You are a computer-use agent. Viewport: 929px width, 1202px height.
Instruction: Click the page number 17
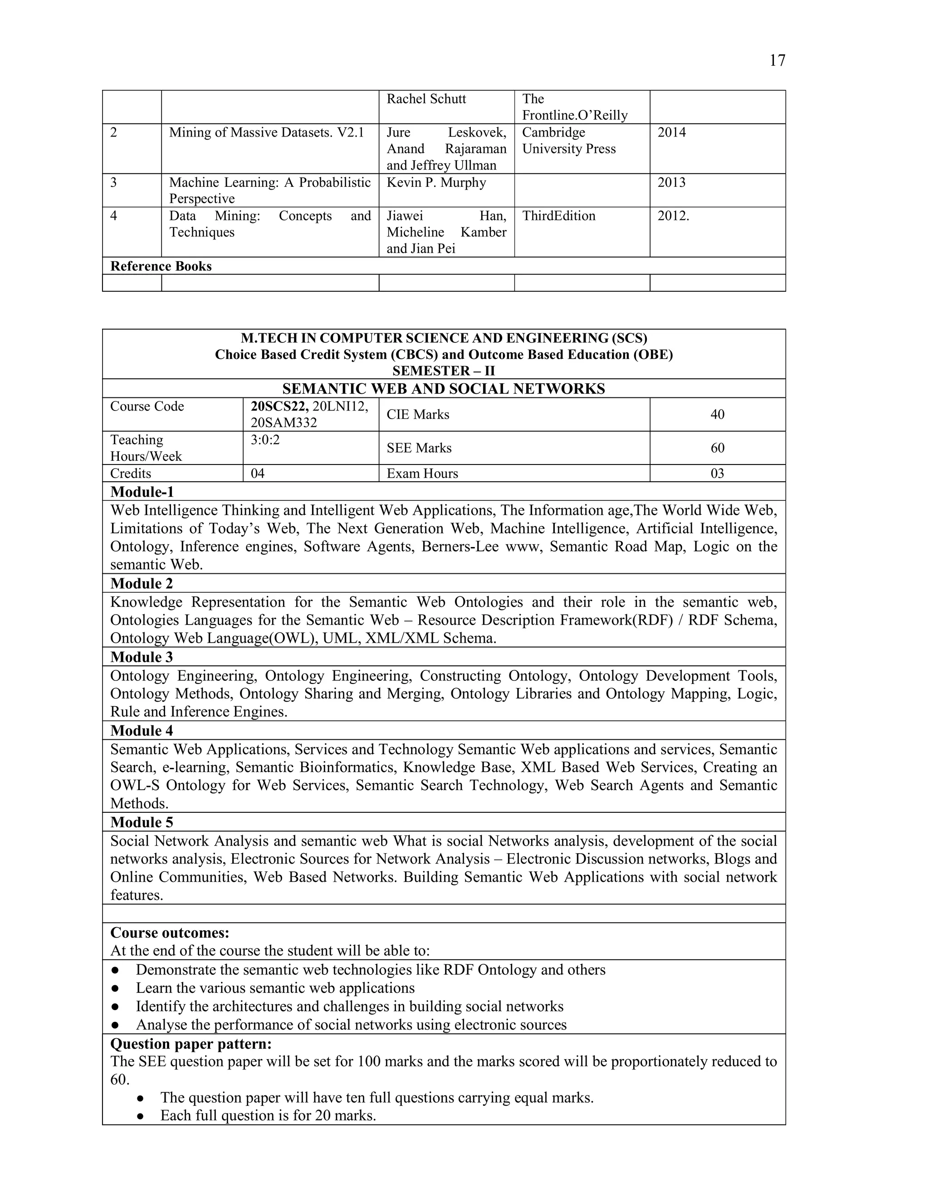click(x=777, y=60)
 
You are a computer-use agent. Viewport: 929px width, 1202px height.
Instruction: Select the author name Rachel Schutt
click(x=426, y=99)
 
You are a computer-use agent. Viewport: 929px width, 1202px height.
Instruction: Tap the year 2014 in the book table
click(x=671, y=132)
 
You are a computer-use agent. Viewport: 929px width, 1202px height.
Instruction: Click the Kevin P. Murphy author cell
click(x=436, y=183)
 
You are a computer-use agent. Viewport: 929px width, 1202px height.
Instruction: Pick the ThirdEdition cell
click(x=558, y=216)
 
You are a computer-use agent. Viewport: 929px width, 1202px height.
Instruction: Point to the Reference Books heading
click(x=161, y=266)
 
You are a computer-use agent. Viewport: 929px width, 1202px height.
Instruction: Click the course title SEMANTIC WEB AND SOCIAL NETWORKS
click(x=443, y=389)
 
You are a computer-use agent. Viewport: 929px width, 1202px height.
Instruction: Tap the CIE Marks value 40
click(x=717, y=415)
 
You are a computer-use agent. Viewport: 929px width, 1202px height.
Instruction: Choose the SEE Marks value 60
click(x=717, y=448)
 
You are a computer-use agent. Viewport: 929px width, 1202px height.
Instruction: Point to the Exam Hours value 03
click(x=717, y=474)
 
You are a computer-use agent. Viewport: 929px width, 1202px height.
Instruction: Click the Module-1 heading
click(x=142, y=492)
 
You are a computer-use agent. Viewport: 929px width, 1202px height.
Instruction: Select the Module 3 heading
click(x=142, y=657)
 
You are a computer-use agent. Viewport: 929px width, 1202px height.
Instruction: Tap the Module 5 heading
click(x=142, y=822)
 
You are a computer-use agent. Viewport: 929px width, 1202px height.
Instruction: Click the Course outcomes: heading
click(x=170, y=933)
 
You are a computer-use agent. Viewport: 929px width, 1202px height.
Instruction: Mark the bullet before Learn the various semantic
click(x=115, y=988)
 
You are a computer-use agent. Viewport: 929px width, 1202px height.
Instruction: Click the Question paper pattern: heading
click(x=191, y=1044)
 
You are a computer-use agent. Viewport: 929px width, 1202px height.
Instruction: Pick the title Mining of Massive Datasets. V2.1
click(x=266, y=132)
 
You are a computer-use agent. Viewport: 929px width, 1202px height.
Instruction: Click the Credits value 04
click(x=258, y=474)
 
